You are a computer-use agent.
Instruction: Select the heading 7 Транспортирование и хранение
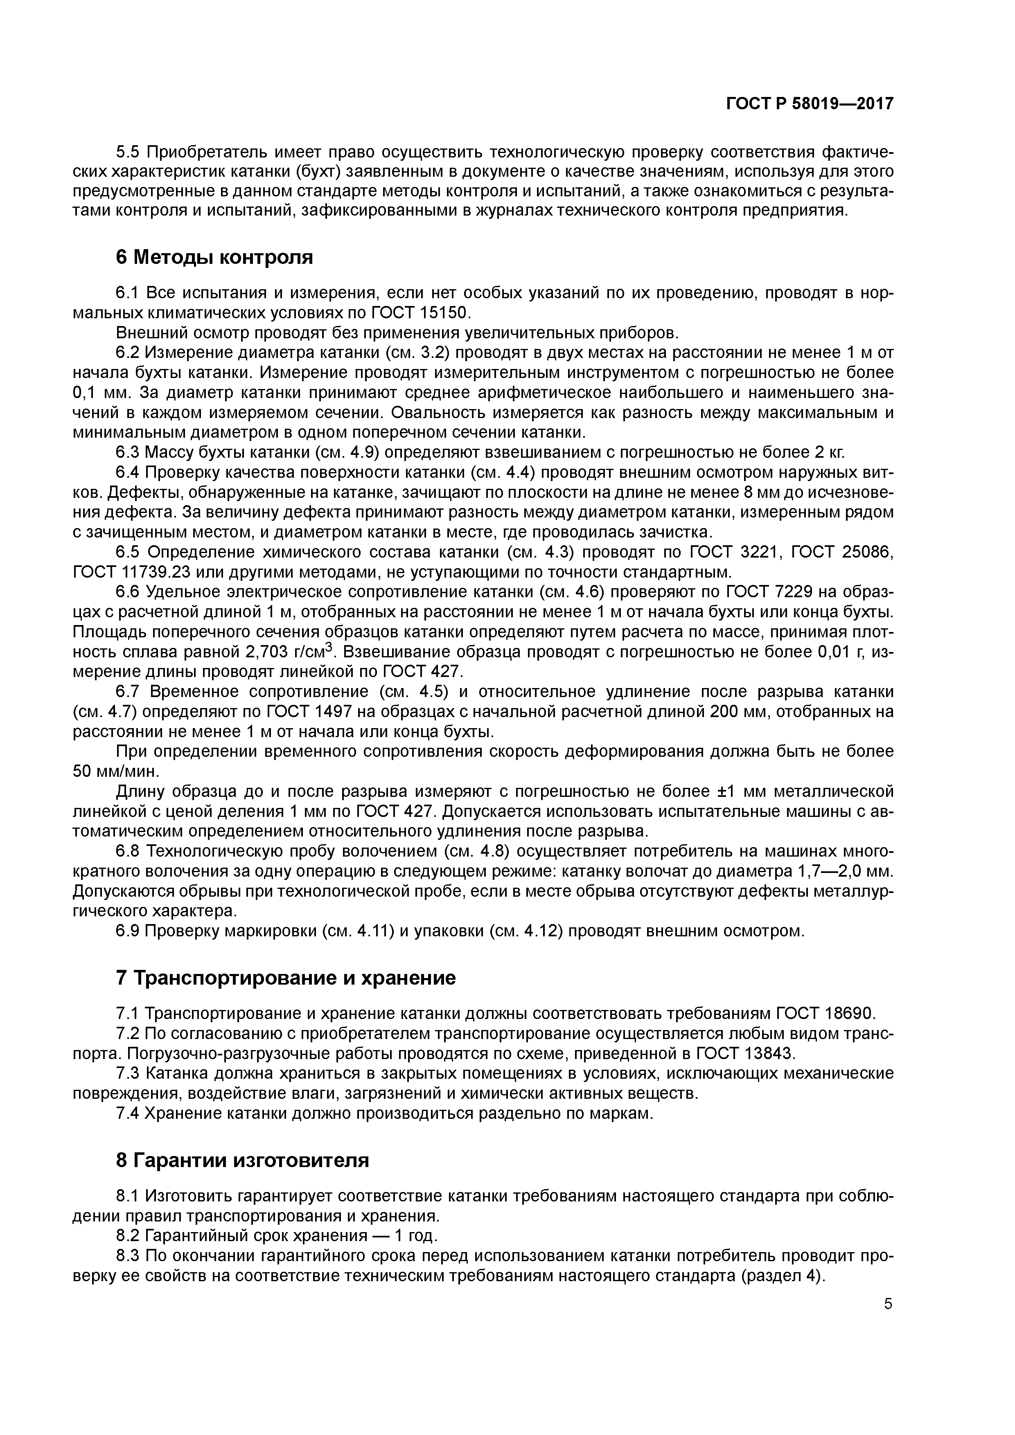point(286,978)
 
